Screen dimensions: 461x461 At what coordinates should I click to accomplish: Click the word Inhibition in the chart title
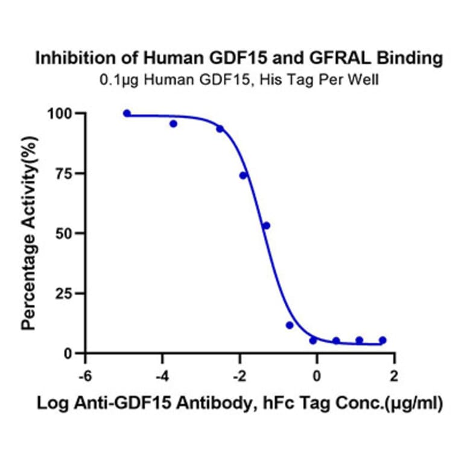(x=68, y=59)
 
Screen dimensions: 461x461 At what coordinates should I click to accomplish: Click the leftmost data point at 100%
(x=127, y=113)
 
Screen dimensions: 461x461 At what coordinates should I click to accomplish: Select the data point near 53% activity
(x=266, y=226)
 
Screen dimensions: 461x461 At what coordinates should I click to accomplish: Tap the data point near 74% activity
(x=243, y=176)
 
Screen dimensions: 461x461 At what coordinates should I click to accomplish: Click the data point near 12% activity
(x=290, y=325)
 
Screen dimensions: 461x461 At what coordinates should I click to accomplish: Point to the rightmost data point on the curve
(x=382, y=340)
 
